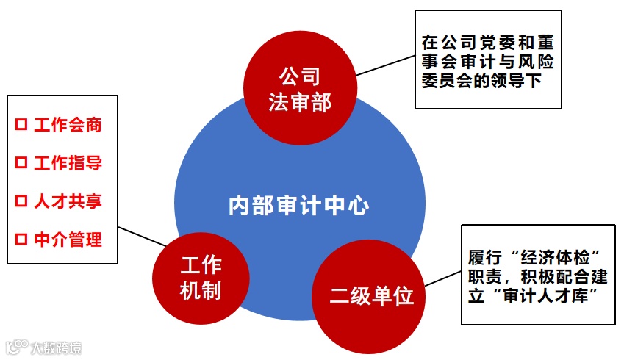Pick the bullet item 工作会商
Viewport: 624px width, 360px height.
(x=67, y=125)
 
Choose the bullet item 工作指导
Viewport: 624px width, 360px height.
(x=67, y=163)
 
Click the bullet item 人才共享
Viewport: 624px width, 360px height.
(x=67, y=201)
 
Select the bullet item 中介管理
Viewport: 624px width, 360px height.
(x=67, y=240)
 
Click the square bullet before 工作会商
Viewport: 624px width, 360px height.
(x=21, y=125)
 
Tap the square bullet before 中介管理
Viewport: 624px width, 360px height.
(x=21, y=240)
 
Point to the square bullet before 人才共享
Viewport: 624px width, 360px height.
(x=21, y=201)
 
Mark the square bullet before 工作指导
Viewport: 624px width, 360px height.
(x=21, y=163)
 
